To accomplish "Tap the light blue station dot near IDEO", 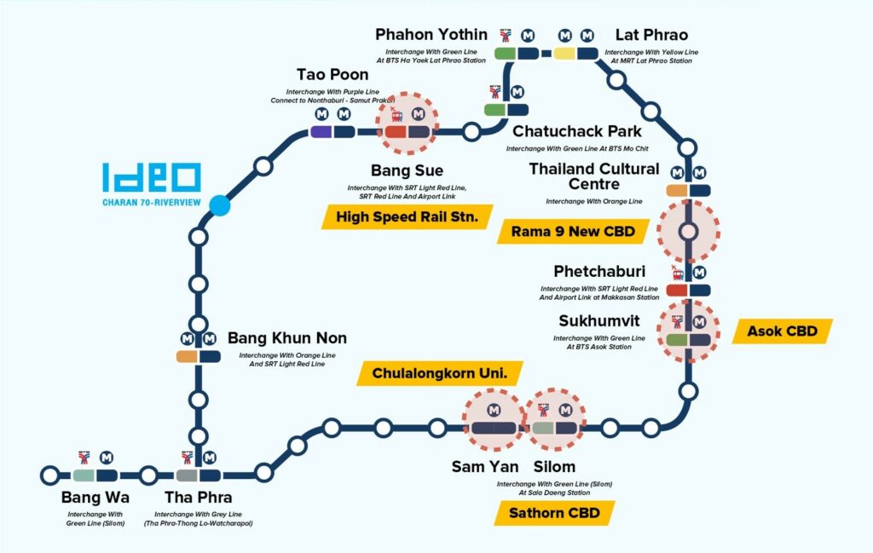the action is [220, 205].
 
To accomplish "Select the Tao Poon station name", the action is [332, 74].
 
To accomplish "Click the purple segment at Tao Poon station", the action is [321, 132].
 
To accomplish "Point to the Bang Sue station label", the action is [407, 170].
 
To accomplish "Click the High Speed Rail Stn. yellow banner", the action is [408, 216].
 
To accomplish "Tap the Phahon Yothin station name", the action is [431, 34].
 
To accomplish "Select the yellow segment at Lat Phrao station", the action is [564, 54].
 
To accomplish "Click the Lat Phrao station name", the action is [651, 34].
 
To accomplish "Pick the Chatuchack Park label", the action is [577, 131].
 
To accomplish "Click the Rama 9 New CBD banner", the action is [574, 232].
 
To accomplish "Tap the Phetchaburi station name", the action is [599, 271].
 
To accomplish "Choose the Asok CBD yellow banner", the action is [783, 331].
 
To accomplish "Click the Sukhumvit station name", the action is [599, 321].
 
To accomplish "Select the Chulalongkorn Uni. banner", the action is [440, 372].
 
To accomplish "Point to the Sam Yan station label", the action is [485, 466].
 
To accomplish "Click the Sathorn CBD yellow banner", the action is [554, 512].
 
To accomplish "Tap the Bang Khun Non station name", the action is [287, 337].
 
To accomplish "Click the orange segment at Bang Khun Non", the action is [187, 357].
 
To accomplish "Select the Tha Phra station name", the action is [198, 497].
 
